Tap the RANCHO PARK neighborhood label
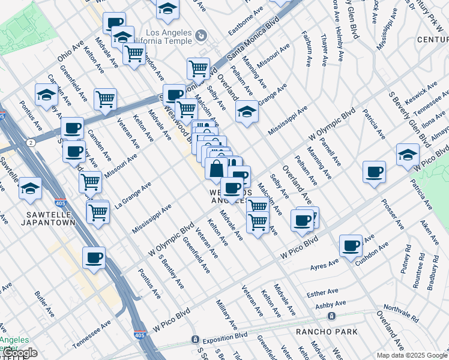(327, 332)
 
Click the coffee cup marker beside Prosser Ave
(374, 173)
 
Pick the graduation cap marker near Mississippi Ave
(247, 112)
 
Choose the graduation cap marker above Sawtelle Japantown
(30, 188)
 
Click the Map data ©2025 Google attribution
(411, 355)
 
